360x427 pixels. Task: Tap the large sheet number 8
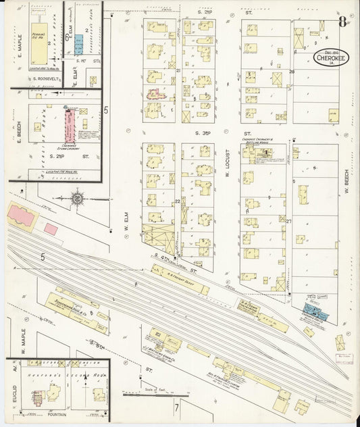point(342,22)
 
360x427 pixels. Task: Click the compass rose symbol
point(78,199)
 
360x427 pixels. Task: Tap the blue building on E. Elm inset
point(79,44)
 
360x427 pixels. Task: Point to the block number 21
point(178,70)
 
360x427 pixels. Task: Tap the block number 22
point(178,201)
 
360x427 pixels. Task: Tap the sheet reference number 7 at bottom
point(177,407)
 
